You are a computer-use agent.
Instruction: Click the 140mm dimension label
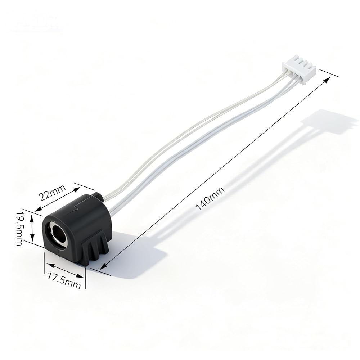point(210,199)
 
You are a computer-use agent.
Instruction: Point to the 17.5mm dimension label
point(64,280)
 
